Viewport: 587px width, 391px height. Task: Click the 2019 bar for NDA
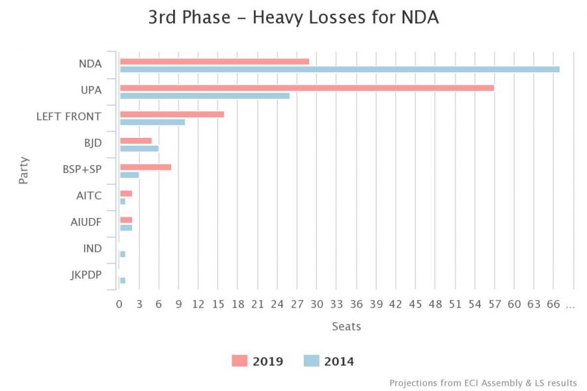(x=214, y=61)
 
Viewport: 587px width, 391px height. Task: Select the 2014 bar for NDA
(x=340, y=69)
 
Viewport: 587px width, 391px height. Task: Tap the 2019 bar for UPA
(x=306, y=87)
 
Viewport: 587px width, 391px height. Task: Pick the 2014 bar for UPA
(x=204, y=95)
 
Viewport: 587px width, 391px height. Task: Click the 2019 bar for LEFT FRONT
(x=172, y=114)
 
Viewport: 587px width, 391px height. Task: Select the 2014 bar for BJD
(x=139, y=148)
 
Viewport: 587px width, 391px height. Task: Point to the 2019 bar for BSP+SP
(x=145, y=167)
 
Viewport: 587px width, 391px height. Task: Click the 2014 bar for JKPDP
(x=123, y=280)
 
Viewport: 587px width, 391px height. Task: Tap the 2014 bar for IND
(x=123, y=254)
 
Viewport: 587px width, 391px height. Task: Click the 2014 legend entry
(x=329, y=361)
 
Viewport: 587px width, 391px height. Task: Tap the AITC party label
(x=89, y=196)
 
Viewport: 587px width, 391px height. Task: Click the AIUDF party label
(x=86, y=223)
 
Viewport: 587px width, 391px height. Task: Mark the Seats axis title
(x=346, y=326)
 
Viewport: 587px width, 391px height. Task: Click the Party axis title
(x=24, y=170)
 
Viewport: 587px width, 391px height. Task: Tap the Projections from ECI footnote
(x=483, y=383)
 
